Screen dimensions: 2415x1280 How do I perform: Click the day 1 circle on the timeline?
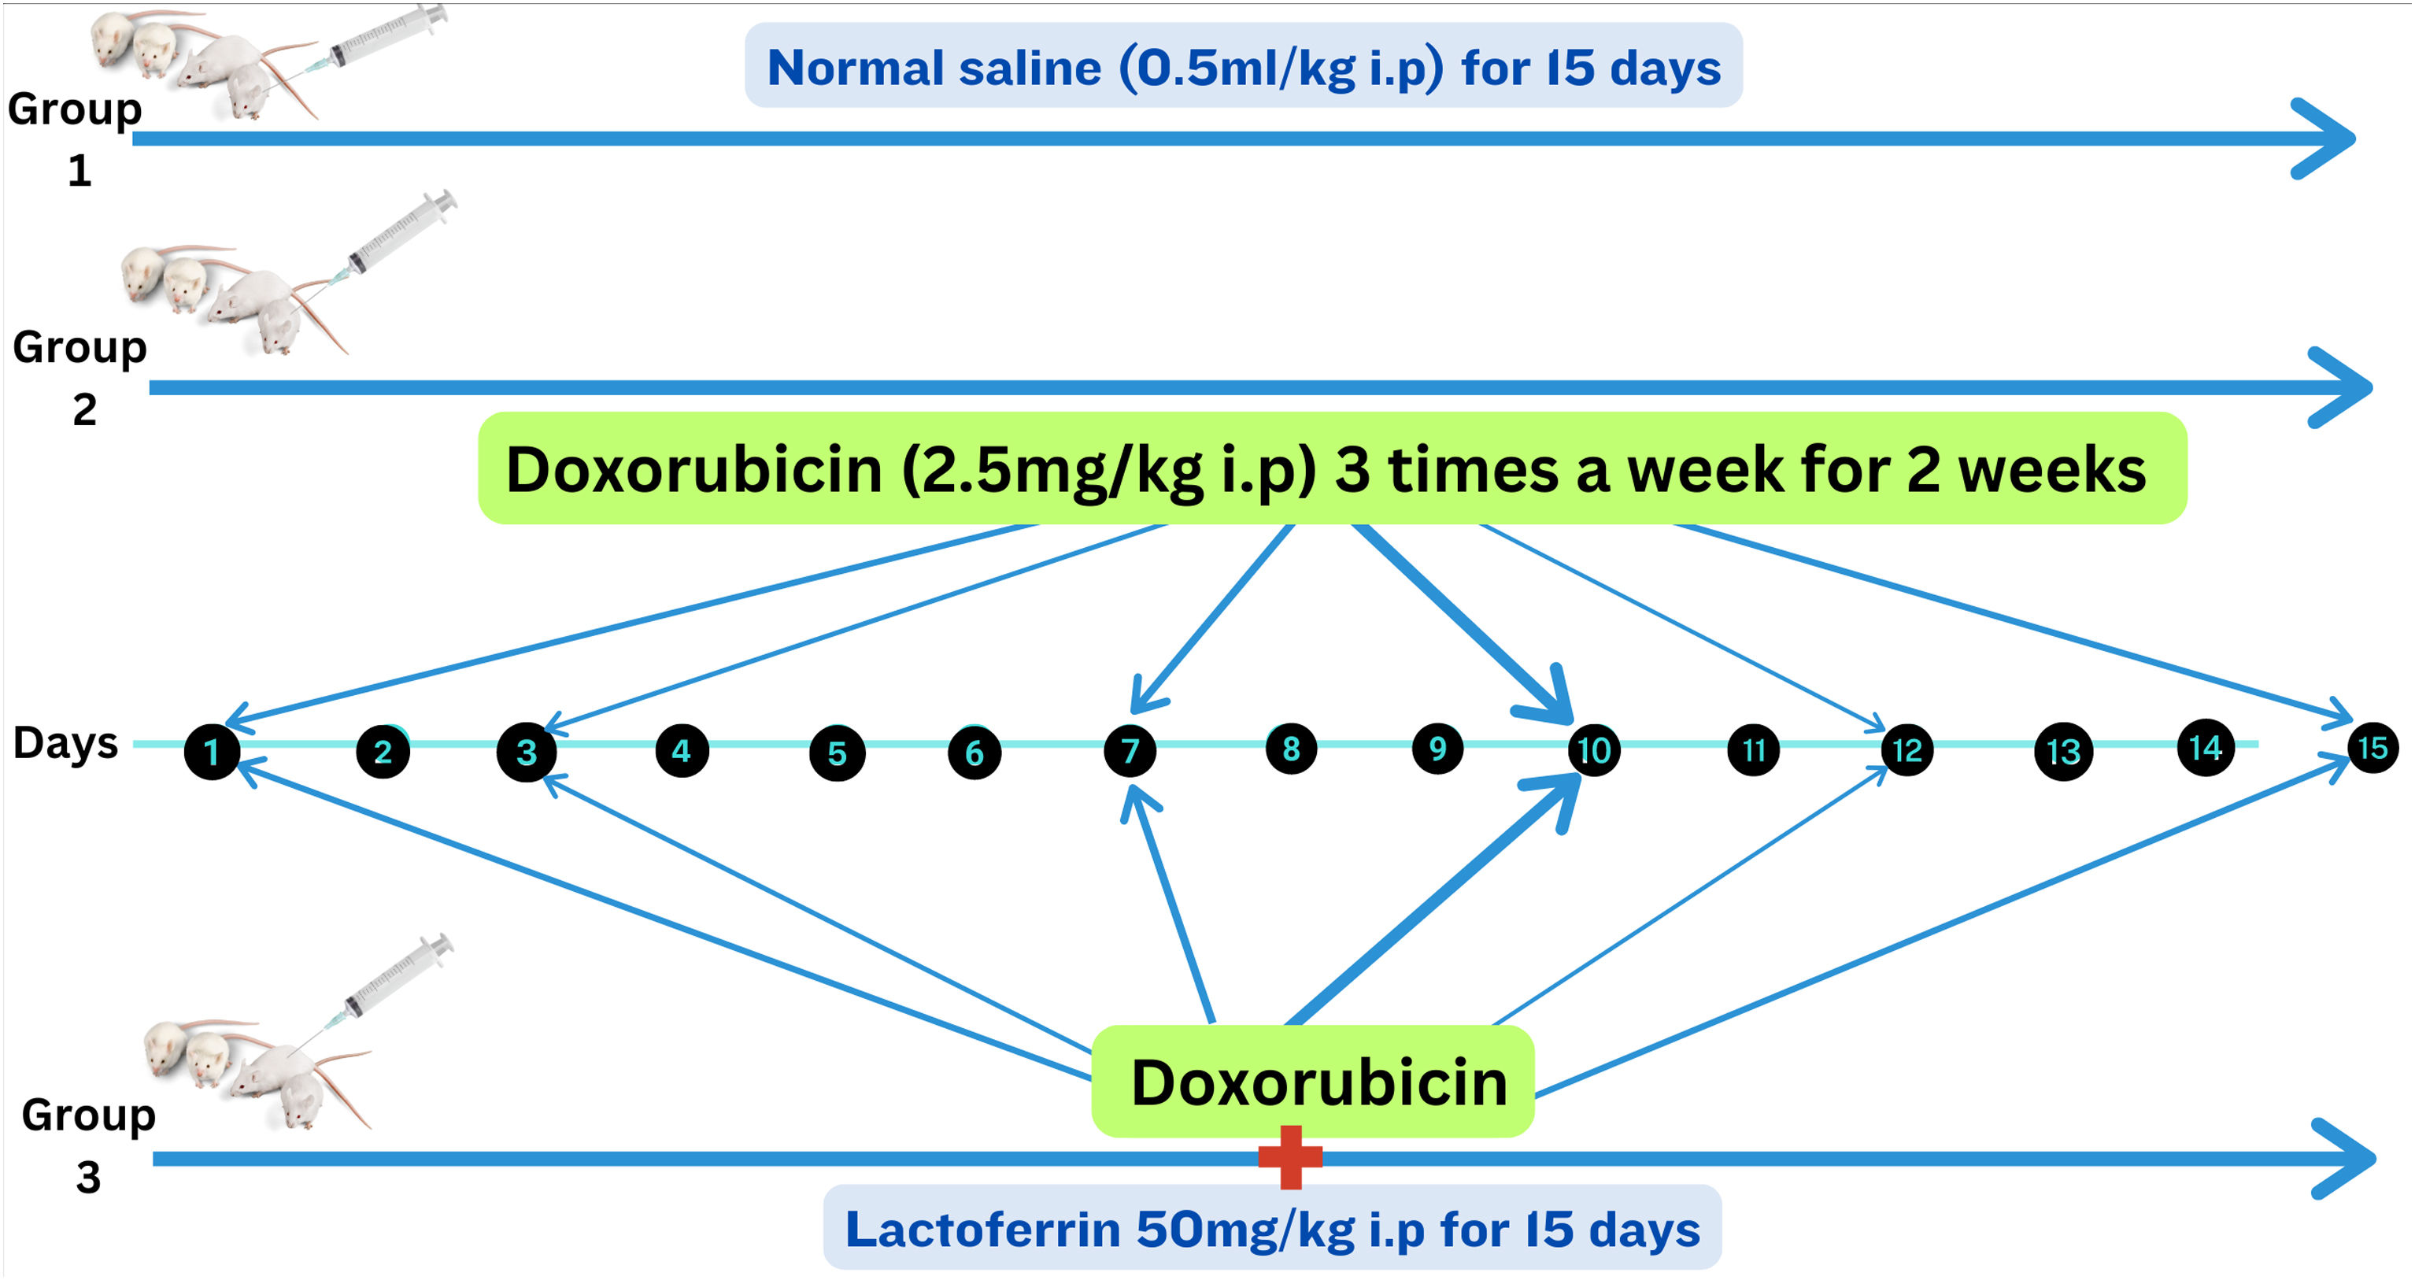(212, 751)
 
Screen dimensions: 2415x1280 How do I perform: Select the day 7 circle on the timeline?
(1130, 750)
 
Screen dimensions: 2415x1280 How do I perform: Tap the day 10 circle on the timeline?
(1594, 750)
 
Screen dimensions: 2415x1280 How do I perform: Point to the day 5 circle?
(838, 752)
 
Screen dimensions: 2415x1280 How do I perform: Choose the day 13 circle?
(2063, 751)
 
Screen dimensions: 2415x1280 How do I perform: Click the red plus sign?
(1291, 1157)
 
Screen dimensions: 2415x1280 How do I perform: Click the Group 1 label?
(75, 139)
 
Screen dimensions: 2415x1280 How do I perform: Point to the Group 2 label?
(80, 377)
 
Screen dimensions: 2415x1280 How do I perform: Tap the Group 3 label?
(89, 1145)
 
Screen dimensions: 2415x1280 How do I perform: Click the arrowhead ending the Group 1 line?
(2323, 139)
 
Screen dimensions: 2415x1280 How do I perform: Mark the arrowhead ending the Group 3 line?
(2343, 1159)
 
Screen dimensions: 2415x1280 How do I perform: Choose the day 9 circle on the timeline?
(1437, 749)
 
